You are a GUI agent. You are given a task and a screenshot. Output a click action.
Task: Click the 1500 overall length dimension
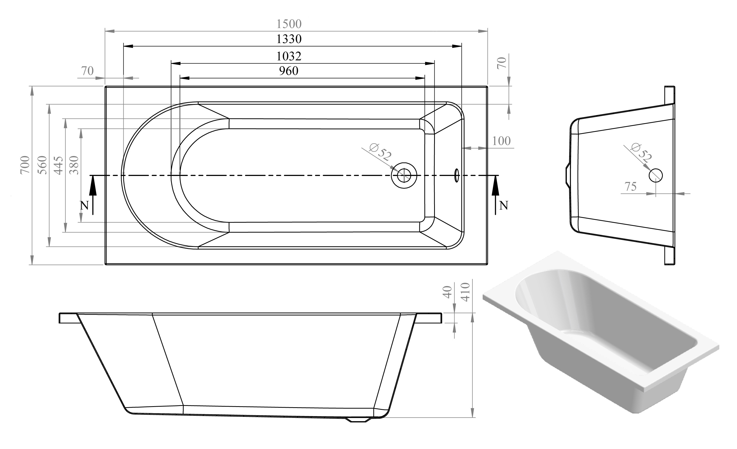pos(289,24)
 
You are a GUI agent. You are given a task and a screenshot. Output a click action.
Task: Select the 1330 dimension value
pos(289,39)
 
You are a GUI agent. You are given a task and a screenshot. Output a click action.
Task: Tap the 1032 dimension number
pos(289,56)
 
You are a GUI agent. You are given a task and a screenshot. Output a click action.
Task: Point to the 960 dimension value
pos(289,71)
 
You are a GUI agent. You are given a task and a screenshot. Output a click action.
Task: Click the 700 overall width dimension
pos(25,165)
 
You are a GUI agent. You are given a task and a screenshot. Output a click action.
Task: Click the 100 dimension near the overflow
pos(501,141)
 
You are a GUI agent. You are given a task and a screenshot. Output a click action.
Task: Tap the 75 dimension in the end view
pos(630,187)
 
